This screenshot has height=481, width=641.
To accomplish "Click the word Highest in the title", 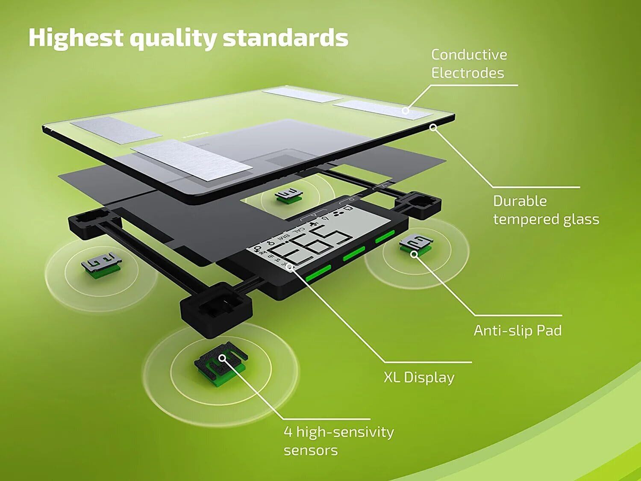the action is click(x=76, y=38).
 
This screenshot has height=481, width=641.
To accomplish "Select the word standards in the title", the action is click(x=285, y=38).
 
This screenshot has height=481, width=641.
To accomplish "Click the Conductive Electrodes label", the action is click(x=469, y=64).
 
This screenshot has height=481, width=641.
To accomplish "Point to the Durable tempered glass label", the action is click(x=546, y=210).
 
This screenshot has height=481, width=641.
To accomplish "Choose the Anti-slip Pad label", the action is click(x=518, y=331).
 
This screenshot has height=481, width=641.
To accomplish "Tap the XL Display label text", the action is click(x=419, y=378).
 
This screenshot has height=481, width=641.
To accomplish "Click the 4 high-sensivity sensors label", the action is click(x=339, y=441).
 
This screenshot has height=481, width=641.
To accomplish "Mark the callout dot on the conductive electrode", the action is click(x=406, y=111).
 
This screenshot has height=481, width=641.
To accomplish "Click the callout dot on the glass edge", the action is click(x=434, y=127).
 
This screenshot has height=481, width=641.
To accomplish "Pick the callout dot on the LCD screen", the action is click(x=291, y=266).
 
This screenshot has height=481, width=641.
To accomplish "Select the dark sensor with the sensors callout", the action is click(x=221, y=363).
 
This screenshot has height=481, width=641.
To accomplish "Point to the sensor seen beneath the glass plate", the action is click(x=288, y=195).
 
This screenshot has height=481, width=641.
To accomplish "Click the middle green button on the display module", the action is click(x=354, y=254).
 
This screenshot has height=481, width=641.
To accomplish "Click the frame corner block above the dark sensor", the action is click(x=216, y=310).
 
